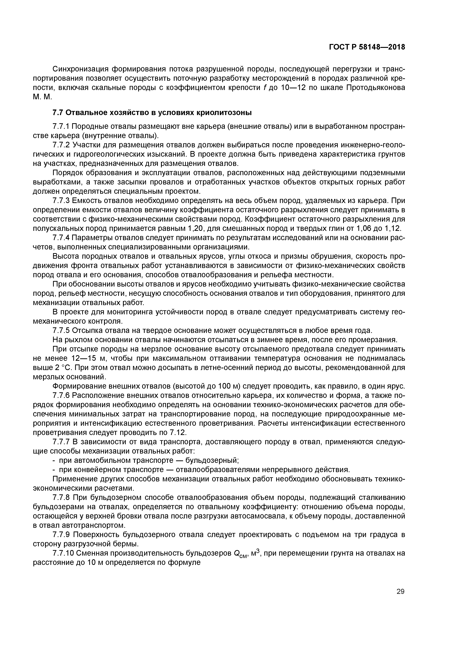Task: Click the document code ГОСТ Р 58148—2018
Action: point(367,47)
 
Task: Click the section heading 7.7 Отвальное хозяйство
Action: point(152,113)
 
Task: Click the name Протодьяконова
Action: point(376,87)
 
